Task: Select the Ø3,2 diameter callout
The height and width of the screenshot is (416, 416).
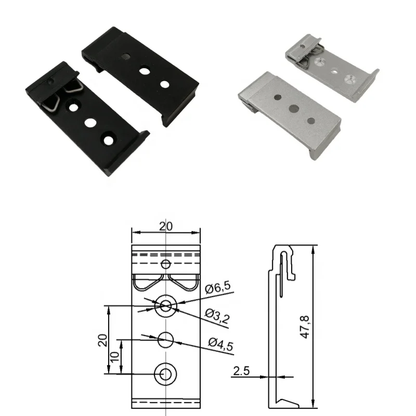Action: pos(217,316)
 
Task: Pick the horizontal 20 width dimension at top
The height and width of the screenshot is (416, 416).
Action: pos(165,226)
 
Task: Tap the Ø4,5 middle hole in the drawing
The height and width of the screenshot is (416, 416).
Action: pos(165,340)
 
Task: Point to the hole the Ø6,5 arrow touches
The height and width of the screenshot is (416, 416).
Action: pos(165,306)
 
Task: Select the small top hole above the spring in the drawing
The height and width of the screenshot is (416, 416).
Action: pos(165,264)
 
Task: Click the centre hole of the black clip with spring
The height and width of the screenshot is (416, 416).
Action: pos(91,123)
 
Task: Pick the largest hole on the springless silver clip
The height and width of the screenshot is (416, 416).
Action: pos(294,109)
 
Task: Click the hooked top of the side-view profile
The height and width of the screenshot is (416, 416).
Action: pos(283,255)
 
